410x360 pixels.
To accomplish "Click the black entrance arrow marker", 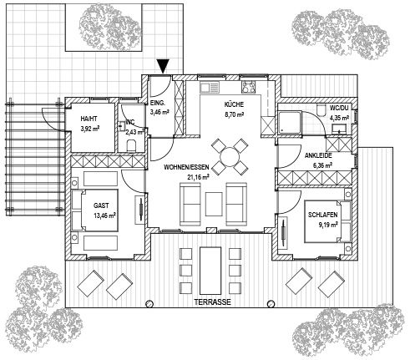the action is tap(163, 67).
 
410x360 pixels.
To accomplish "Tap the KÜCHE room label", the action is tap(234, 104).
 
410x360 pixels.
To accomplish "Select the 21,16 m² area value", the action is tap(198, 177).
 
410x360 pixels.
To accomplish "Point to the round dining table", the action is tap(230, 157).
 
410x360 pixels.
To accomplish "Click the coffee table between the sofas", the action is tap(214, 204).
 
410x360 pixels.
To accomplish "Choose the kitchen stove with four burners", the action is tap(248, 87).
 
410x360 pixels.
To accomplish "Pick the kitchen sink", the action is tap(210, 87).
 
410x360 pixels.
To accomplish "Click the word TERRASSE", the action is tap(213, 302).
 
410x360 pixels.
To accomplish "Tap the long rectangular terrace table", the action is tap(210, 271).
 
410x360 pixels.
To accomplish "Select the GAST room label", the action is tap(101, 205).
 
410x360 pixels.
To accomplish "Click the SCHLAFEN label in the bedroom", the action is tap(323, 215).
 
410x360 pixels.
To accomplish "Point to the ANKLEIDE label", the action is tap(318, 155).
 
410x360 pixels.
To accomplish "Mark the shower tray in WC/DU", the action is tap(290, 123).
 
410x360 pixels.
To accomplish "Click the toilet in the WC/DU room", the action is tap(321, 110).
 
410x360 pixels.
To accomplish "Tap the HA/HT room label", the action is tap(89, 119).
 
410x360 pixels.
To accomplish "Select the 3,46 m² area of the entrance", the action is tap(160, 112).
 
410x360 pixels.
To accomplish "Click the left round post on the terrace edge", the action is tap(149, 303).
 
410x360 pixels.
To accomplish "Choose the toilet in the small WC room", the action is tap(131, 146).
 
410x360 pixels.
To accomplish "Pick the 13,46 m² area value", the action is tap(104, 215).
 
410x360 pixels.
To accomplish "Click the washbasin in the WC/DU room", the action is tap(338, 128).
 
